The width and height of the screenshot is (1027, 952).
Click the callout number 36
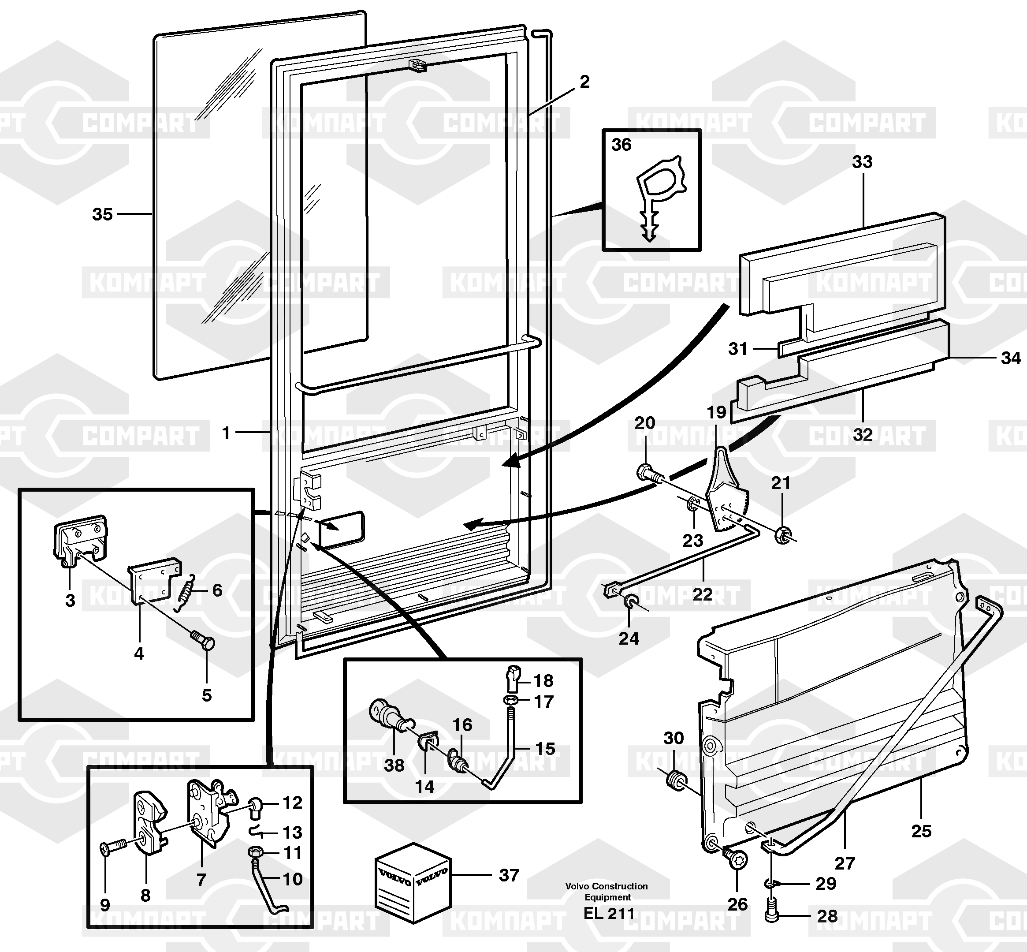(621, 145)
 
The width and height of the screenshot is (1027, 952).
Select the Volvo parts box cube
(413, 882)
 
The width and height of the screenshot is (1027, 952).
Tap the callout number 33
(862, 162)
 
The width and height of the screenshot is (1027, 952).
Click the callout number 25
(921, 831)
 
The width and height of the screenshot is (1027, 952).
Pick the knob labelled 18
(513, 676)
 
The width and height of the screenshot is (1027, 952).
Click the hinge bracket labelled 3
(80, 541)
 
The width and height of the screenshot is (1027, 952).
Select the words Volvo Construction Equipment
(607, 891)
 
